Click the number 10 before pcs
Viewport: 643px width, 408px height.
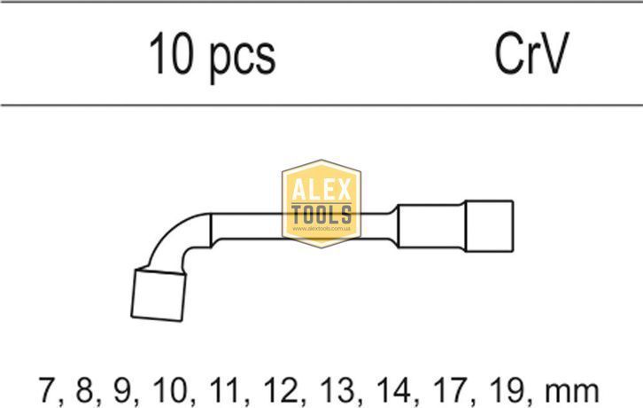pos(170,53)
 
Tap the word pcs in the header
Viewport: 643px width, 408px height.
pos(243,59)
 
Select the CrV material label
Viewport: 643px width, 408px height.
pos(531,53)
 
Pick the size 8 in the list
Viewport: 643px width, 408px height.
pos(84,390)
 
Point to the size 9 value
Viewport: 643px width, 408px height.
pos(121,390)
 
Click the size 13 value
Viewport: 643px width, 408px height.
pos(337,390)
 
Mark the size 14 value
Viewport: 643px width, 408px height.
pos(394,390)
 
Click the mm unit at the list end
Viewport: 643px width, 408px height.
pos(572,393)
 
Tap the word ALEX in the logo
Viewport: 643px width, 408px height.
pos(321,190)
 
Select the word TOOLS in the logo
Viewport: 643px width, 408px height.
pos(321,215)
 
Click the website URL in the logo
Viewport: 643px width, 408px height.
pos(321,229)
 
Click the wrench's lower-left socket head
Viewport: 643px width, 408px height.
pos(159,294)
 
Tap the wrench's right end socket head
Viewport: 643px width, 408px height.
pos(489,226)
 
